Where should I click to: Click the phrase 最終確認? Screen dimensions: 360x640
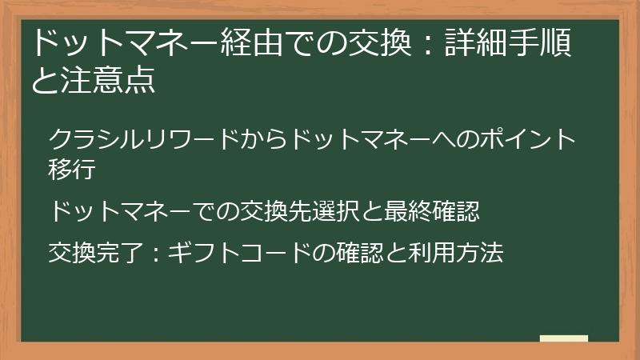pyautogui.click(x=432, y=211)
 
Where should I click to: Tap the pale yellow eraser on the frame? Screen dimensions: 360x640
pyautogui.click(x=564, y=339)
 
